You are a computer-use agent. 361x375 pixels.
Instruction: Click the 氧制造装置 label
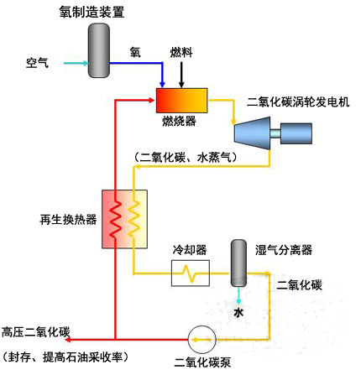92,12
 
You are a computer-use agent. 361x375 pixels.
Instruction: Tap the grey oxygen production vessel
99,50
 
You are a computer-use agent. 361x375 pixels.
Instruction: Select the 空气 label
38,63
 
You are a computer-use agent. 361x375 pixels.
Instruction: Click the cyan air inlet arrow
76,63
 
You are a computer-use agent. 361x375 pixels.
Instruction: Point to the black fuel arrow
181,75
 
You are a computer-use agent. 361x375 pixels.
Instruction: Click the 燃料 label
181,52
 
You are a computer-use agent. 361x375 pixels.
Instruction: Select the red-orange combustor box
181,101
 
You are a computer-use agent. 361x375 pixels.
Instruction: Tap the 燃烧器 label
179,121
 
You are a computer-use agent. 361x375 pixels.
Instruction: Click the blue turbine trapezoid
252,133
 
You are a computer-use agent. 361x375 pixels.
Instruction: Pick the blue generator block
296,133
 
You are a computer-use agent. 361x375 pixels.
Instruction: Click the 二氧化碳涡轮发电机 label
298,102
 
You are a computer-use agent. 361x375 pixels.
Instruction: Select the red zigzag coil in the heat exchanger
116,219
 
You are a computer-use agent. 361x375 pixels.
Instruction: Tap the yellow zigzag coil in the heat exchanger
133,219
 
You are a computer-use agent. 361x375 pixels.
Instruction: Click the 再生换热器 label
68,220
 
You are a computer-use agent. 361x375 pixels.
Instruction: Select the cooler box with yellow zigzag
191,273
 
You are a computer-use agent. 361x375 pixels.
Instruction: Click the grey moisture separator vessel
238,263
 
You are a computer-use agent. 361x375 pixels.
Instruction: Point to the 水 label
238,312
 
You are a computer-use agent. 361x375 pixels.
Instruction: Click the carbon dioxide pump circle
201,340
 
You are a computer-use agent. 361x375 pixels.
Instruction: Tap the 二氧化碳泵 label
202,362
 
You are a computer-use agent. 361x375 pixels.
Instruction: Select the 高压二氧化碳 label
36,332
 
